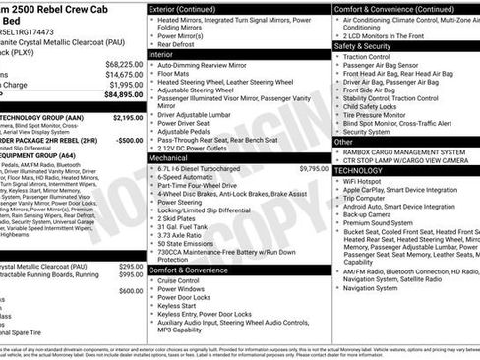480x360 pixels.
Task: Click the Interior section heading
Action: [162, 54]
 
